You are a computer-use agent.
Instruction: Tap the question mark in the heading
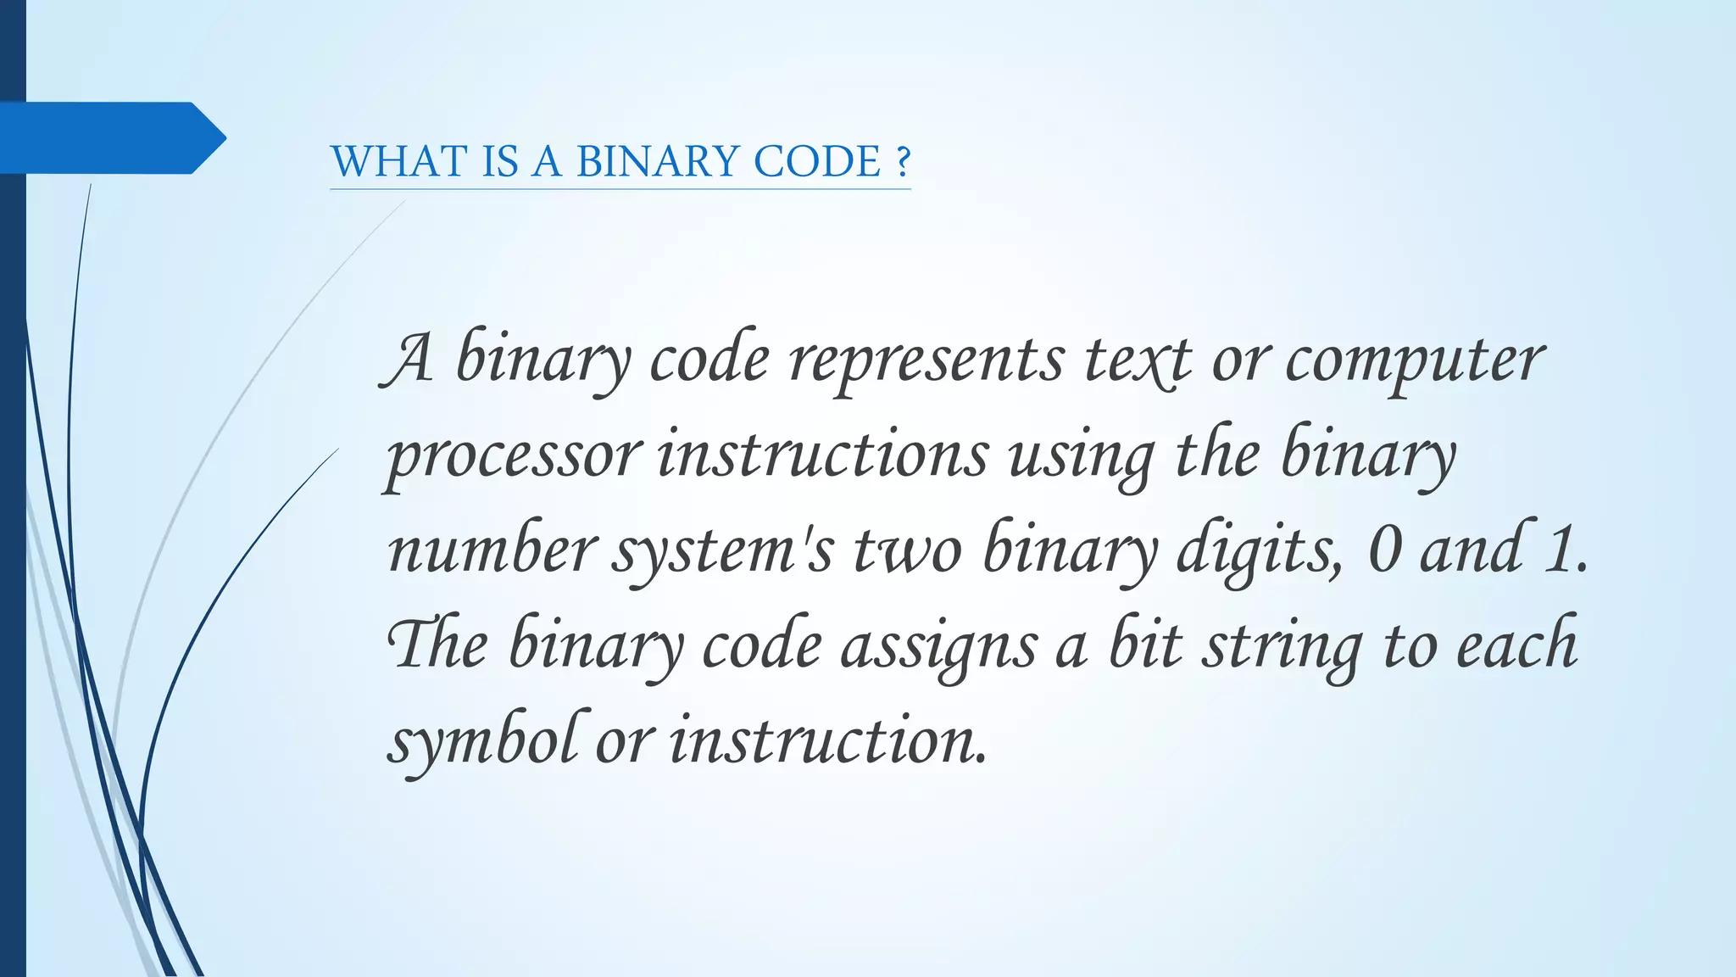click(x=902, y=161)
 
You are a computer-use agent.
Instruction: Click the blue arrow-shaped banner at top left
click(x=110, y=137)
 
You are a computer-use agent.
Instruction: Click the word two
click(x=907, y=551)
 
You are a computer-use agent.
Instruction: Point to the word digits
click(x=1259, y=551)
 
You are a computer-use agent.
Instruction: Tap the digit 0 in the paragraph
click(x=1384, y=551)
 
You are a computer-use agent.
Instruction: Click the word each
click(x=1517, y=646)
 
